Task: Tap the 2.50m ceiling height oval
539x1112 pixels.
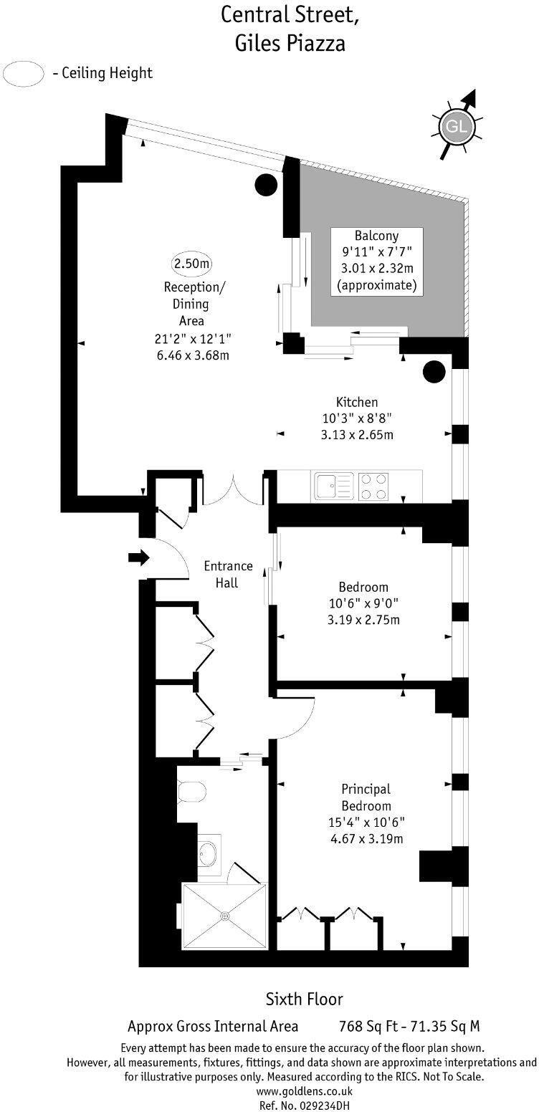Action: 191,264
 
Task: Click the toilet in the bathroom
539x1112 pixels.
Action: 192,792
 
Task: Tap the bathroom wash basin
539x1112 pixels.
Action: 209,853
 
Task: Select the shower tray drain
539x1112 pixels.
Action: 225,915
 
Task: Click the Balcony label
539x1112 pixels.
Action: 376,235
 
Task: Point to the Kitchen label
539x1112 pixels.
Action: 357,402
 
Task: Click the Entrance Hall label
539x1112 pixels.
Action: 228,574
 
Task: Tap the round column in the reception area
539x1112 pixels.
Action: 266,186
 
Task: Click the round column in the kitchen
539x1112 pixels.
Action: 434,371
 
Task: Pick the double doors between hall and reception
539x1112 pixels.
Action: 234,490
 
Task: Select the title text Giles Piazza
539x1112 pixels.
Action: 290,43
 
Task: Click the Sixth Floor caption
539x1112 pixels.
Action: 305,999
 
